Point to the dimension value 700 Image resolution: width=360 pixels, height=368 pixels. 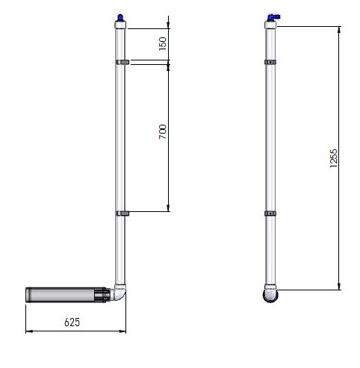[164, 134]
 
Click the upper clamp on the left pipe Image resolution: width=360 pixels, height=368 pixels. [122, 62]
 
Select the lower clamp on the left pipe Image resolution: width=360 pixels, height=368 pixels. [122, 213]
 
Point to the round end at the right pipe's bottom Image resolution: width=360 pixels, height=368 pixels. [272, 296]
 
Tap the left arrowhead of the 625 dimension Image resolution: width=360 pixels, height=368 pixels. [29, 330]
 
